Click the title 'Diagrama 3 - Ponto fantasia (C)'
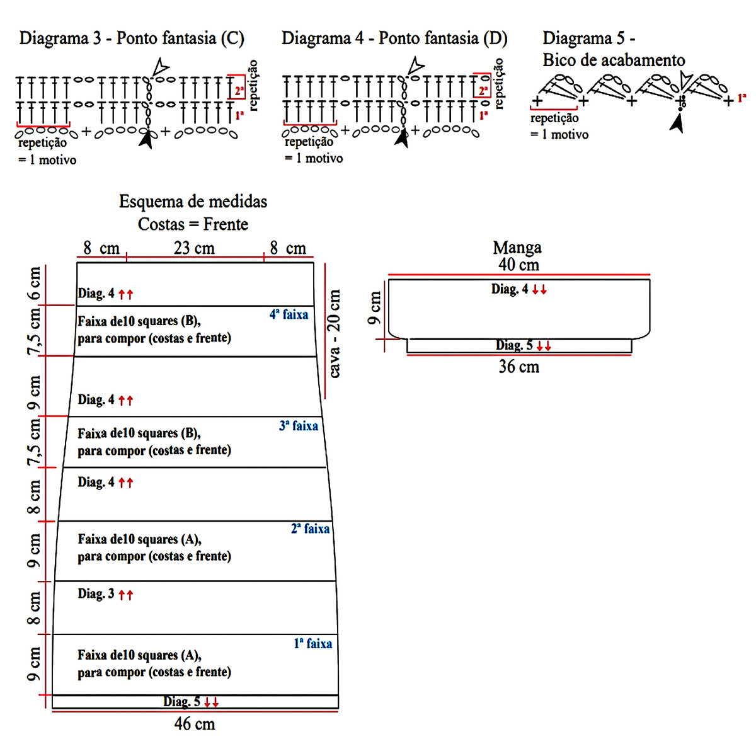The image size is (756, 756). coord(132,38)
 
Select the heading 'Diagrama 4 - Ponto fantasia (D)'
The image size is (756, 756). coord(394,38)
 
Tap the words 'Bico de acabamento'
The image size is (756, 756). coord(614,60)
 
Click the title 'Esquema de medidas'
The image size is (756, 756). coord(193,202)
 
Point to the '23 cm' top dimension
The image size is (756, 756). coord(194,248)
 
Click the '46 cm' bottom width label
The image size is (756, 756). coord(195,724)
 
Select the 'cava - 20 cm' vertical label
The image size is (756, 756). coord(334,333)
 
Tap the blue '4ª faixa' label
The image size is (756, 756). coord(289,314)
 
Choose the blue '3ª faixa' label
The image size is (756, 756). coord(299,426)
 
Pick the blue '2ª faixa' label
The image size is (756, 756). coord(310,529)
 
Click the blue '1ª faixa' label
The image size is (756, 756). coord(312,643)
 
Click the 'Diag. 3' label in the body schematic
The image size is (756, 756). coord(96,593)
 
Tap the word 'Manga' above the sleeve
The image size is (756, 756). coord(517,248)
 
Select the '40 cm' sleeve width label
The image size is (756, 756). coord(518,265)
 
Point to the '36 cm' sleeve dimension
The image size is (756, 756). coord(518,367)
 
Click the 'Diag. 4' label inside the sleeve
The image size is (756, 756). coord(510,289)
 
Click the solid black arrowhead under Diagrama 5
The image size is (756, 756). coord(677,124)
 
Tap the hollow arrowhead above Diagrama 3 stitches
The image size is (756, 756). coord(161,66)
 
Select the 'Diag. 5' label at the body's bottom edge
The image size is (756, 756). coord(181,702)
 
